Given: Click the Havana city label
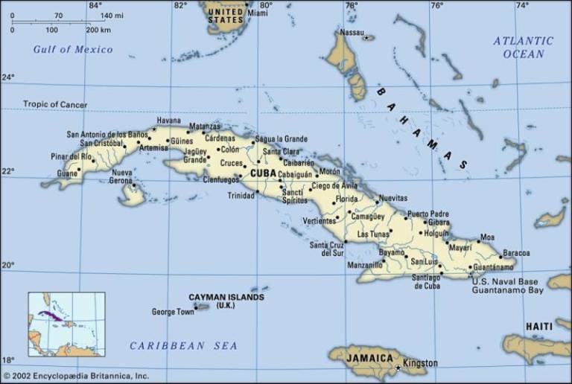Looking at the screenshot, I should (x=168, y=121).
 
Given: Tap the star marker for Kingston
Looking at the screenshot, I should (x=398, y=368).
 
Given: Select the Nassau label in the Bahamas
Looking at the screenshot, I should (x=352, y=33).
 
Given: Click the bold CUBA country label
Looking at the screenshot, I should (x=263, y=173).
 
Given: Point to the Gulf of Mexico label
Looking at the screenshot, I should (x=73, y=50).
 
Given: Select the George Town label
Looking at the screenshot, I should (x=172, y=312).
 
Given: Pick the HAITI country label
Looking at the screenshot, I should (x=539, y=327).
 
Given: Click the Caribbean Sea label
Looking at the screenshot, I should (x=183, y=345).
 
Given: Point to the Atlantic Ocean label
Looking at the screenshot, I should (x=524, y=47).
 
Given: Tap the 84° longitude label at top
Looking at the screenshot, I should (x=95, y=6).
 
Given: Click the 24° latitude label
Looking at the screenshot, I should (x=7, y=77).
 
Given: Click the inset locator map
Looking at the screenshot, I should (x=66, y=324).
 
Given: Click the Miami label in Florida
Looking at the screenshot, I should (x=258, y=13).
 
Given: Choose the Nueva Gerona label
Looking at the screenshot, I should (x=121, y=176).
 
